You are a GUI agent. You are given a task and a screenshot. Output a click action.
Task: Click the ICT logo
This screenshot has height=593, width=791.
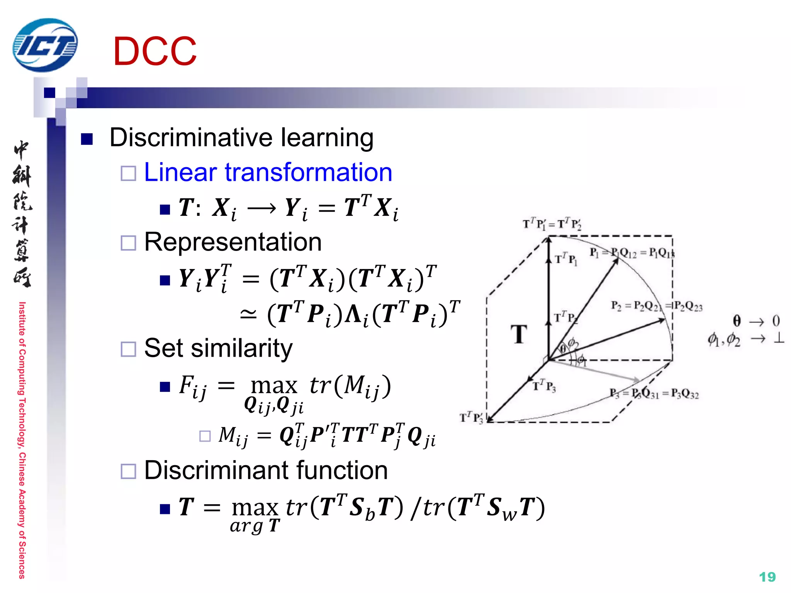pos(45,45)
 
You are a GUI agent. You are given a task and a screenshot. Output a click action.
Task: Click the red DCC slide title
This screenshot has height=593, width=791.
pos(155,51)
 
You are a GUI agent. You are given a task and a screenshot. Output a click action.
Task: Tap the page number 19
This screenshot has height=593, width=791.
pos(767,577)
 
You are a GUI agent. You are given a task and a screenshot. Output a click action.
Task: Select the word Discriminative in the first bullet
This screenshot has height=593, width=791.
pos(191,137)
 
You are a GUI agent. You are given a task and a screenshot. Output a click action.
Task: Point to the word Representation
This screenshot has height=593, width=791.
pos(233,242)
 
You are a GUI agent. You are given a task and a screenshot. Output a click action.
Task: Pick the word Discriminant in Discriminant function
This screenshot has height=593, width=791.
pos(213,471)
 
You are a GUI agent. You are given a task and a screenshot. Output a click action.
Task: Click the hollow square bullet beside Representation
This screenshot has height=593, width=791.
pos(128,243)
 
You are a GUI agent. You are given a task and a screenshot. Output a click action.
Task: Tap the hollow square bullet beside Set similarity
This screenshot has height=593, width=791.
pos(128,349)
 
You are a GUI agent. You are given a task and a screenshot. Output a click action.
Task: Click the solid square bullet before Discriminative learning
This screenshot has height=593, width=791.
pos(87,139)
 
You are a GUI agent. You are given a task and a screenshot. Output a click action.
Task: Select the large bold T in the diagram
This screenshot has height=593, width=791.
pos(519,334)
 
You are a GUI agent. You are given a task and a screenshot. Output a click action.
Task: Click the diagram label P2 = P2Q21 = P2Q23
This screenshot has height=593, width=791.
pos(656,306)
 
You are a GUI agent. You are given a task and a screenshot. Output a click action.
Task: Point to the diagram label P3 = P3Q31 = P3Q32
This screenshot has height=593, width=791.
pos(654,393)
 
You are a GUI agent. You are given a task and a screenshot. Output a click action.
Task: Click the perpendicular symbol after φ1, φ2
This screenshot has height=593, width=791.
pos(779,339)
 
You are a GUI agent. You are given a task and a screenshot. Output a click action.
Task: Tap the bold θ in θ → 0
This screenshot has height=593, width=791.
pos(737,321)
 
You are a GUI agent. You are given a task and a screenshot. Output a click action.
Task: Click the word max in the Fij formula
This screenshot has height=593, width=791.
pos(274,385)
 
